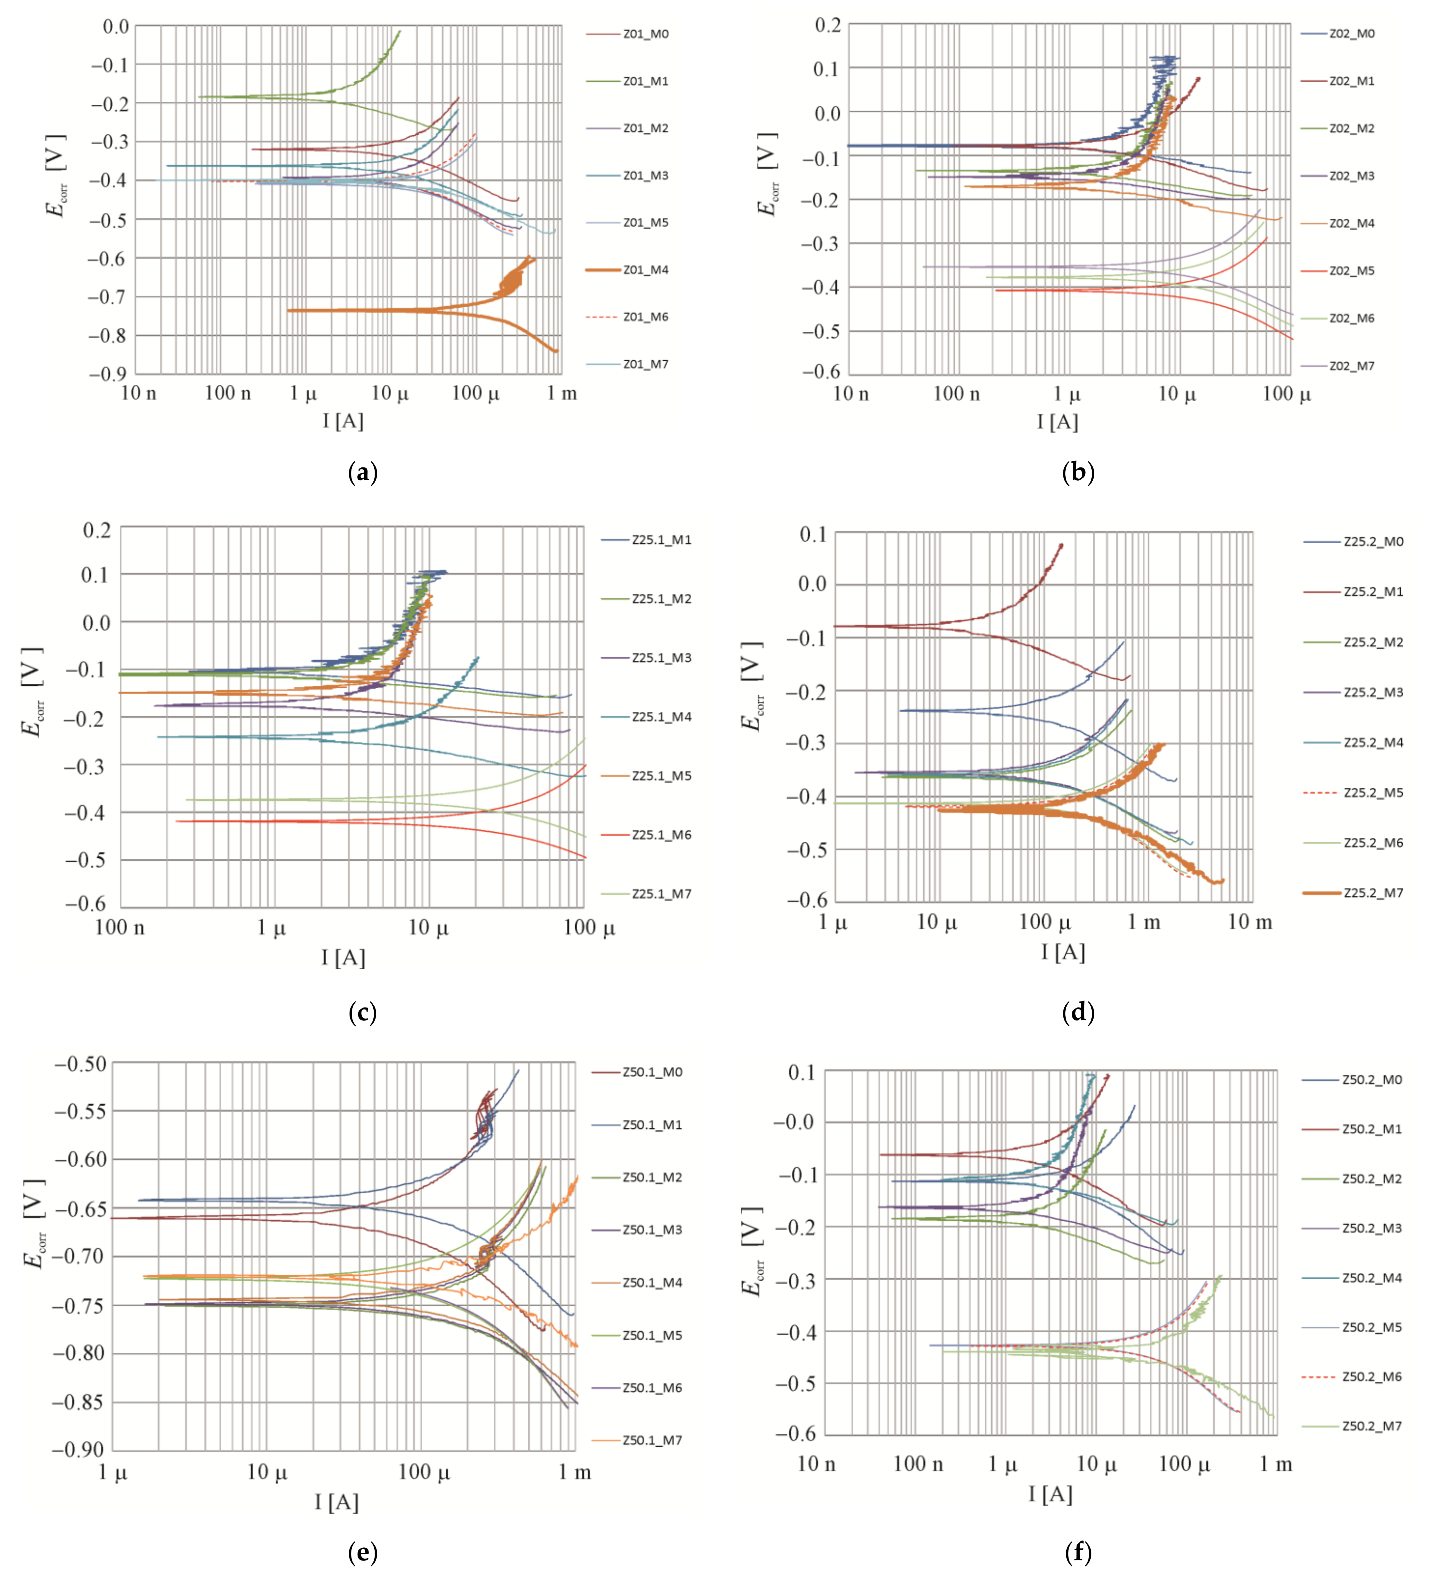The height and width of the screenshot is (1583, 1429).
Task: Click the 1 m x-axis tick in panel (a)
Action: [561, 393]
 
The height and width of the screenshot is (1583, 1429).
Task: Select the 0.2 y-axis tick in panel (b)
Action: [828, 25]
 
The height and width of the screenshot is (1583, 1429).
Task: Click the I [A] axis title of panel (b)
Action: [1057, 422]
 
